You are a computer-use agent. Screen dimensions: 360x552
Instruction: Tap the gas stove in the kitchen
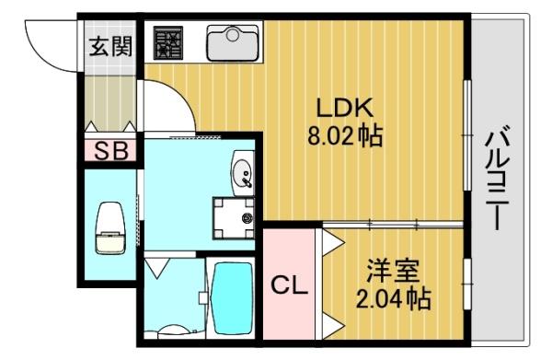(169, 42)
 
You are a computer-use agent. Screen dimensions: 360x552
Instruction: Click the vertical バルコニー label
(497, 180)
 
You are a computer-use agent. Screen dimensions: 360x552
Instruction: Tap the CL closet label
(289, 286)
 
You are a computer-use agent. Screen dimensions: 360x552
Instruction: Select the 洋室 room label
(394, 272)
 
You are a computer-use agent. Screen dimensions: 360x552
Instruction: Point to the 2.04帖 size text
(394, 299)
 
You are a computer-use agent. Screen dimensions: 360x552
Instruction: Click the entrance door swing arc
(51, 41)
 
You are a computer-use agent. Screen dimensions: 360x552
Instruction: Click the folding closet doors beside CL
(328, 285)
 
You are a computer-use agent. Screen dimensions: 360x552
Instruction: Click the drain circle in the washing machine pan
(247, 219)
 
